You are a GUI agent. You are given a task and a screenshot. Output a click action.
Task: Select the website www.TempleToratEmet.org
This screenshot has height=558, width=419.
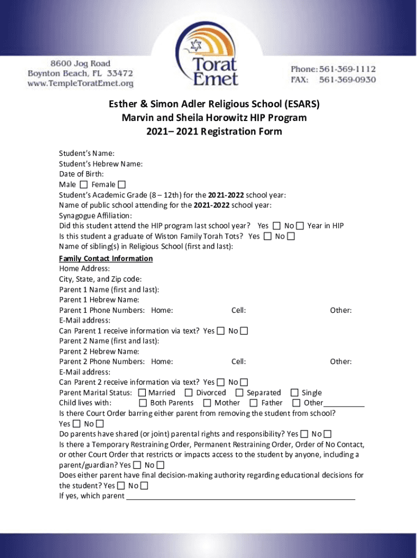pos(81,83)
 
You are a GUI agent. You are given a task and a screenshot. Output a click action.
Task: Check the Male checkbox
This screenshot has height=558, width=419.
pos(83,185)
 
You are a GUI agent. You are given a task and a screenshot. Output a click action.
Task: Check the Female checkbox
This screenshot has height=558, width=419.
pos(121,185)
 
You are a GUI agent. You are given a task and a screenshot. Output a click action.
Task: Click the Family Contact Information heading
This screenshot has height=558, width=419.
pos(106,258)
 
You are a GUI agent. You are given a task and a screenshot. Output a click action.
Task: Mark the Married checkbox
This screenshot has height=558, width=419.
pos(143,392)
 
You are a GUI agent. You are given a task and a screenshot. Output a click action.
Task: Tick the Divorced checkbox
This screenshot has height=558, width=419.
pos(189,392)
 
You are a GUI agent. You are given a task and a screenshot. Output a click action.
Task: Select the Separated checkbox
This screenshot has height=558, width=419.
pos(239,392)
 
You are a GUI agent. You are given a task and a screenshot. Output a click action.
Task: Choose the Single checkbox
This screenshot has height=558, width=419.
pos(294,392)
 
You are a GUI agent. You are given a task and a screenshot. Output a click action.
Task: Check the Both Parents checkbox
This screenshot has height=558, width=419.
pos(143,403)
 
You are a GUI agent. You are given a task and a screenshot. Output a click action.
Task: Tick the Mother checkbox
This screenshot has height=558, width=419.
pos(207,403)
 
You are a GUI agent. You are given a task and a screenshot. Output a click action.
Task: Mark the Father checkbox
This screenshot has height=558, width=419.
pos(254,403)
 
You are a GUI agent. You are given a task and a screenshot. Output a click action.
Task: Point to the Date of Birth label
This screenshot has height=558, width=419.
pos(81,174)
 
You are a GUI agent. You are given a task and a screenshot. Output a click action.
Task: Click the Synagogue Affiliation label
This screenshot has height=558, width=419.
pos(95,215)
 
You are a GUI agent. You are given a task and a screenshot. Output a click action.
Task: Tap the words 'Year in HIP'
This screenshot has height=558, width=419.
pos(325,226)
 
